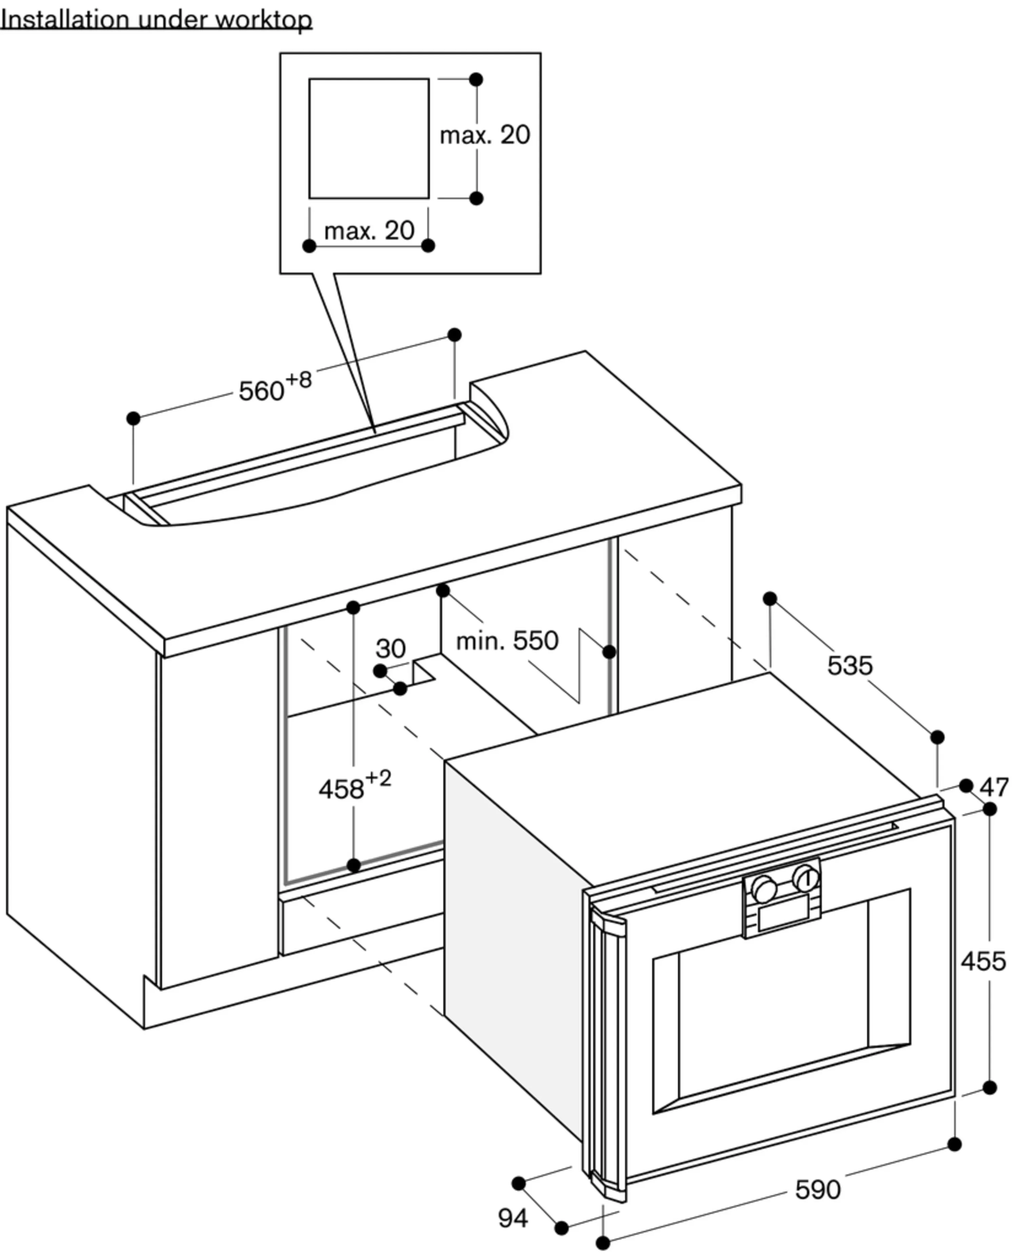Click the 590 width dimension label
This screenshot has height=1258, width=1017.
pos(818,1190)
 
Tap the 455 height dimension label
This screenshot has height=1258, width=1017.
pos(983,962)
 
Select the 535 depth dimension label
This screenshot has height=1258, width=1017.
pos(850,665)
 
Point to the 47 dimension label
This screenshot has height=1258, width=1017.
pos(994,787)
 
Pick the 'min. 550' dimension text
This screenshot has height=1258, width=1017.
pos(507,641)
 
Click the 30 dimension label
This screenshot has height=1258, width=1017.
pos(391,648)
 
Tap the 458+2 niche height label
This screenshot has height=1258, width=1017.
pos(355,785)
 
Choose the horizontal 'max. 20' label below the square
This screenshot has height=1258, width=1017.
pos(370,231)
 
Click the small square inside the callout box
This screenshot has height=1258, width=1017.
pos(369,138)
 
